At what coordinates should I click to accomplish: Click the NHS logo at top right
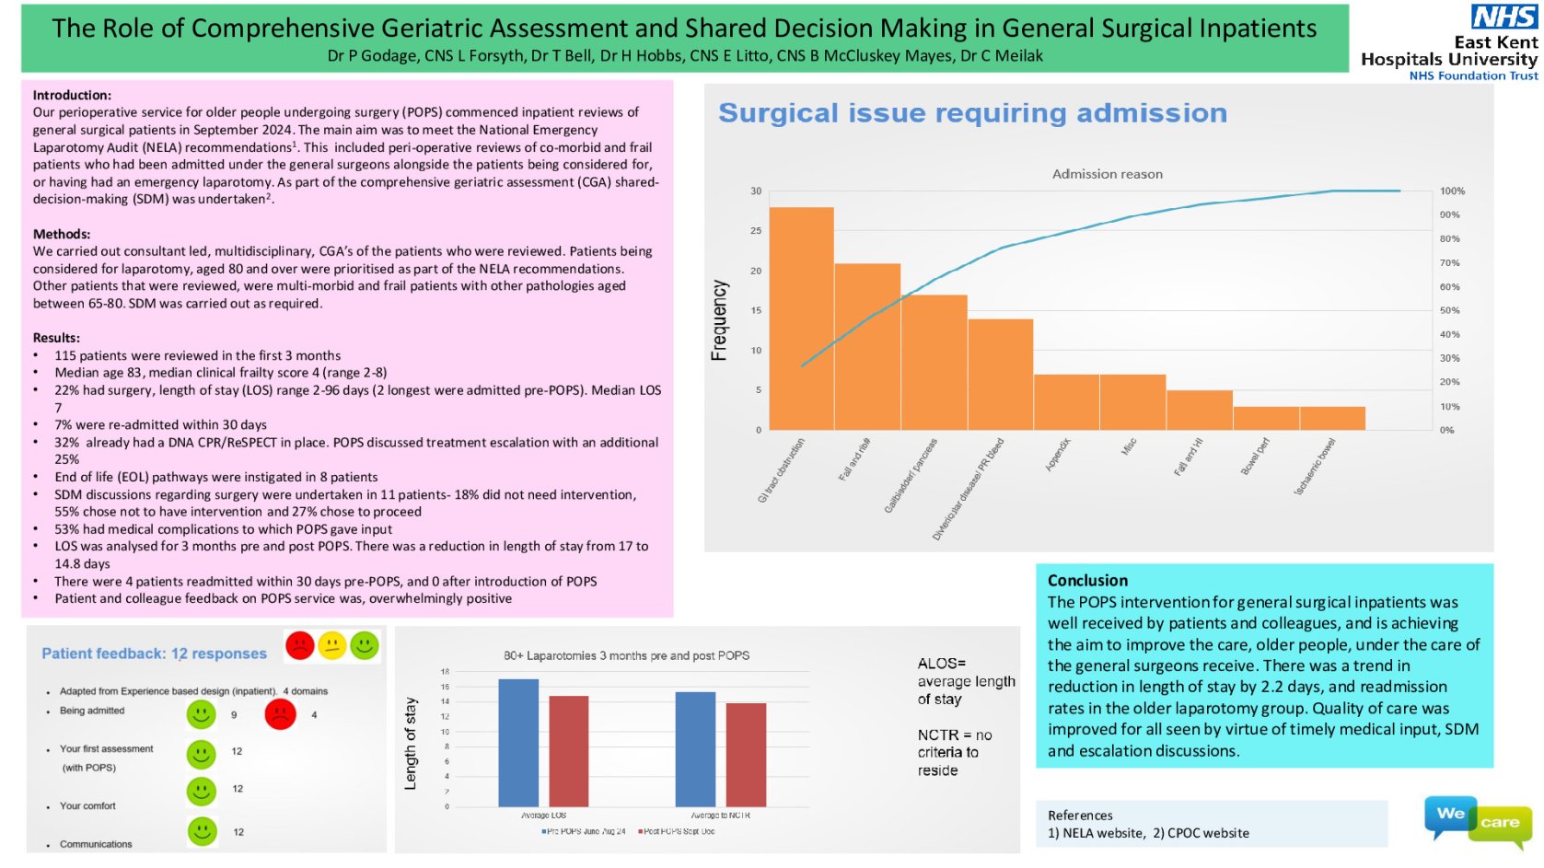[x=1503, y=17]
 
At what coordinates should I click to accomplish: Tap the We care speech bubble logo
[x=1477, y=818]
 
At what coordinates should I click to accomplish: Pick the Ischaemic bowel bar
[x=1331, y=418]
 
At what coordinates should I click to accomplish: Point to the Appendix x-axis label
[x=1058, y=455]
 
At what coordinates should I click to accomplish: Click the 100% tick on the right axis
[x=1452, y=191]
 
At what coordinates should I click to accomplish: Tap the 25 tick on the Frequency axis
[x=756, y=231]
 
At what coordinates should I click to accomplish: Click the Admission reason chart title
[x=1107, y=174]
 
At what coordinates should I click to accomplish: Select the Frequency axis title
[x=719, y=319]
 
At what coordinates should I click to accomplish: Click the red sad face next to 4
[x=280, y=714]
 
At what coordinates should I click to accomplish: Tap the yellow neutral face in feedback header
[x=331, y=645]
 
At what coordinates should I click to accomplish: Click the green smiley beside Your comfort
[x=201, y=791]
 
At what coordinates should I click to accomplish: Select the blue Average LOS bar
[x=517, y=743]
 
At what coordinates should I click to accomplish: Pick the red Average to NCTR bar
[x=746, y=755]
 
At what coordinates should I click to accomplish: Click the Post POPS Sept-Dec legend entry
[x=677, y=831]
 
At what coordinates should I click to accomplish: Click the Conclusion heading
[x=1087, y=580]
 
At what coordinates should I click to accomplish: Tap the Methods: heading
[x=62, y=234]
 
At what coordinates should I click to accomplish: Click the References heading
[x=1080, y=816]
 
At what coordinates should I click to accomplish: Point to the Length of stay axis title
[x=411, y=744]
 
